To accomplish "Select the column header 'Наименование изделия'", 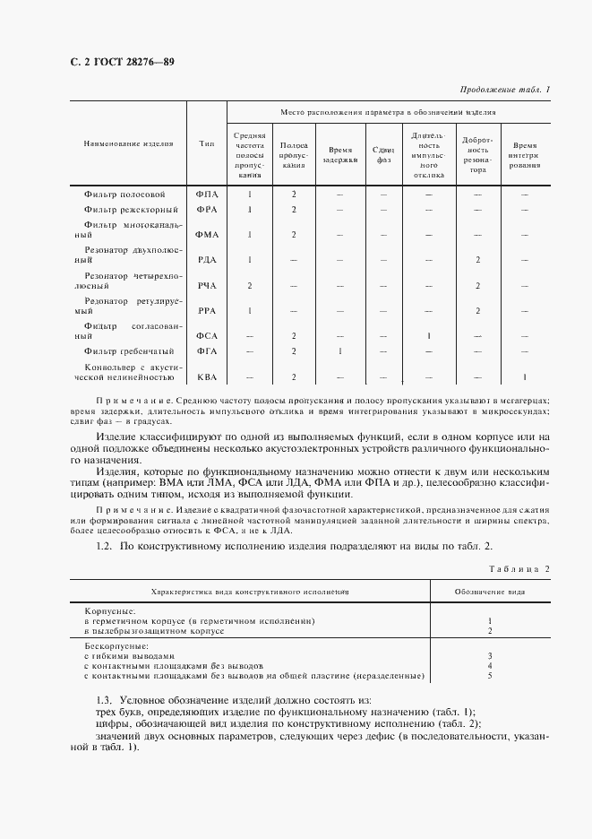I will (x=125, y=143).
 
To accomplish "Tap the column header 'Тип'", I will (x=207, y=143).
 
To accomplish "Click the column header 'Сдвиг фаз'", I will (x=383, y=154).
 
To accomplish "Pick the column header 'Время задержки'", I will (x=340, y=154).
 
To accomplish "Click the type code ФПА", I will (x=207, y=194).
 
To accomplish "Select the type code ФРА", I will (x=207, y=209).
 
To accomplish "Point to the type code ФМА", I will (x=207, y=234).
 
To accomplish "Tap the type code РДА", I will (x=207, y=260).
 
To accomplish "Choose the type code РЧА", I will (x=207, y=285).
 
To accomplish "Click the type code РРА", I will (x=207, y=311).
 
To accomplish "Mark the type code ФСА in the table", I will (x=207, y=336).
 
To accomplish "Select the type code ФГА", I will (x=207, y=351).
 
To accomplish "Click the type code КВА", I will (x=207, y=377).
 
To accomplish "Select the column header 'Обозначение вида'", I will (x=489, y=592).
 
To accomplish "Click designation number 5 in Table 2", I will (x=490, y=675).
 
